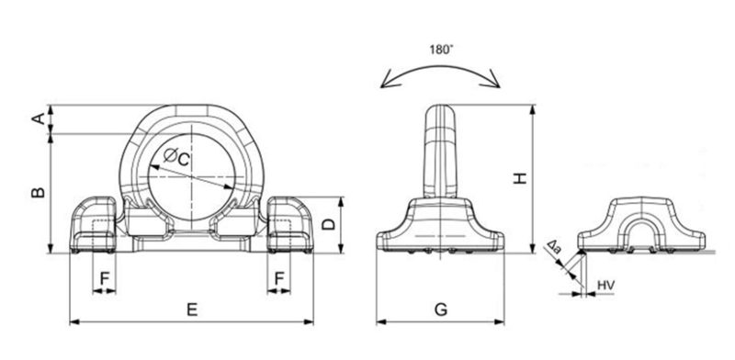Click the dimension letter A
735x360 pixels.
[x=40, y=118]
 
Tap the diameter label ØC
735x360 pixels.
[x=176, y=158]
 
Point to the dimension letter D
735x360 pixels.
[x=330, y=224]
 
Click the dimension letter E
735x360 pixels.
[x=192, y=309]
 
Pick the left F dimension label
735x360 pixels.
[x=105, y=279]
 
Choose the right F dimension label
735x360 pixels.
[x=279, y=279]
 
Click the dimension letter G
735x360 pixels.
[x=441, y=309]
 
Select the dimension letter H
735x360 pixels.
[x=520, y=178]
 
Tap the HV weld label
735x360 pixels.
[x=606, y=285]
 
